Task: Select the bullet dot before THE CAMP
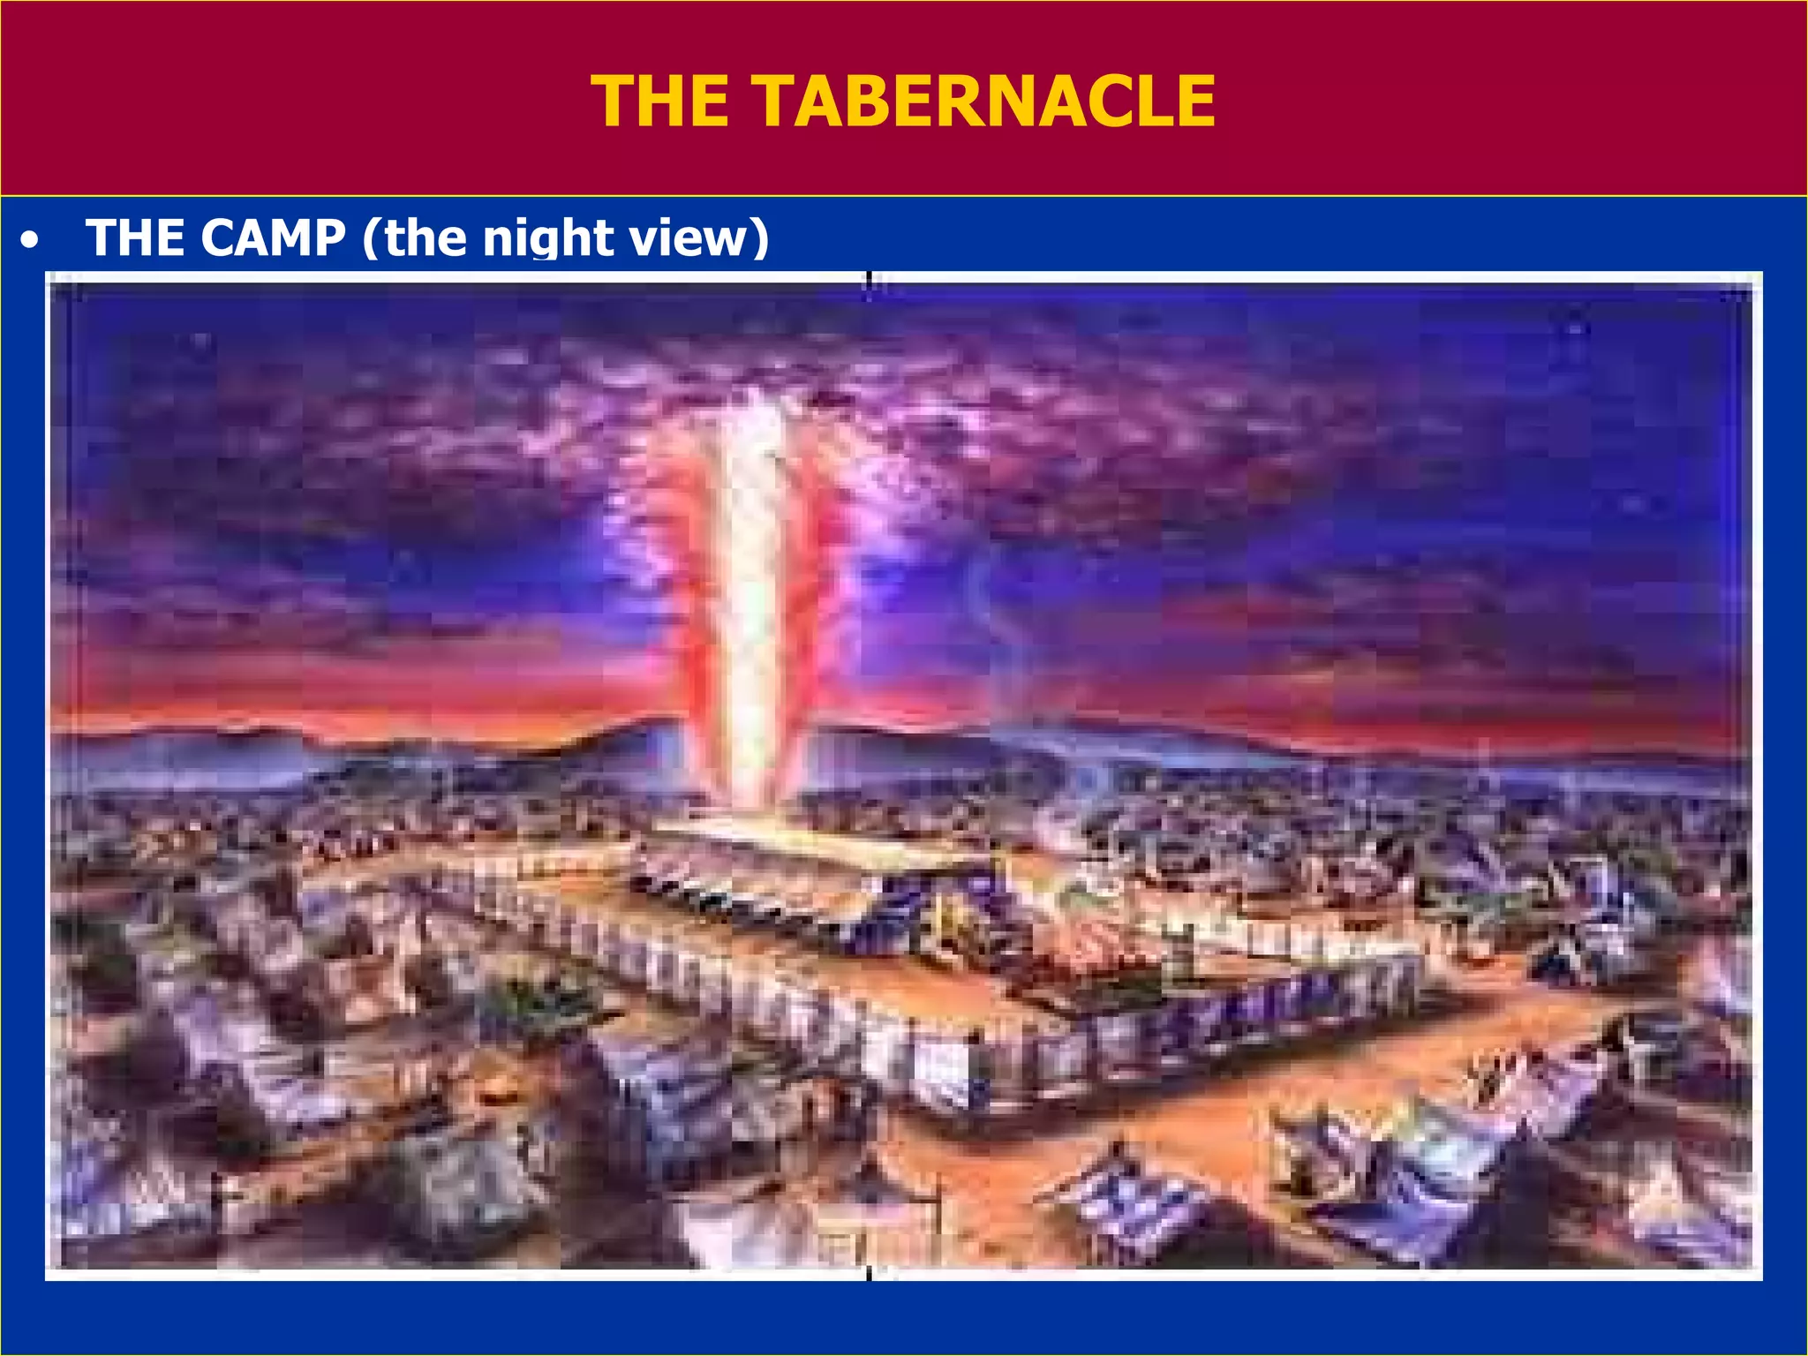31,240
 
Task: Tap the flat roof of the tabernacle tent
795,839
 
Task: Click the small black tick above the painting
870,279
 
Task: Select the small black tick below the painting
870,1272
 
